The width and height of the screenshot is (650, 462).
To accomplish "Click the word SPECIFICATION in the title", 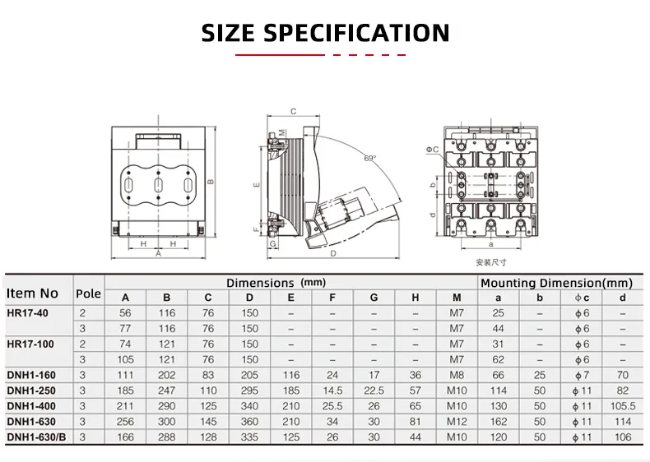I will (355, 33).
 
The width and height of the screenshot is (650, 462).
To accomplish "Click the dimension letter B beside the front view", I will (211, 182).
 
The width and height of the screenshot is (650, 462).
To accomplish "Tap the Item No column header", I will (33, 293).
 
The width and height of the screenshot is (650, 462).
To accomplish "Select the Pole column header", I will (88, 293).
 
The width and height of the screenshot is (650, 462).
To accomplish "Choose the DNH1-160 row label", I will (31, 375).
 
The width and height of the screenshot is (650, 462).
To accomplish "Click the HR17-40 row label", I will (28, 313).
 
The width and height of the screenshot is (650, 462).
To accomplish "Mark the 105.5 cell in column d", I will (622, 406).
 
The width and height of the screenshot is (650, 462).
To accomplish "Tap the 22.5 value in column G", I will (374, 390).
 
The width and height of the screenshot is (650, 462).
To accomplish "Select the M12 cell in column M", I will (457, 422).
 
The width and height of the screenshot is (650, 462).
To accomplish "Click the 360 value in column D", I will (249, 422).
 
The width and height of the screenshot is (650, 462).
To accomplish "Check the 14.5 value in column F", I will (332, 390).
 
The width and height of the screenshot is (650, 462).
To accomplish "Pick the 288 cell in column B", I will (167, 437).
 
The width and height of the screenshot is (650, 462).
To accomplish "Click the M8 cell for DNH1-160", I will (457, 375).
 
